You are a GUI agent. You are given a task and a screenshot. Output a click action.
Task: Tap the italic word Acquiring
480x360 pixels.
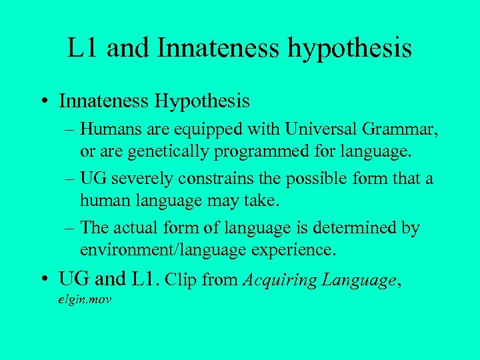pyautogui.click(x=281, y=280)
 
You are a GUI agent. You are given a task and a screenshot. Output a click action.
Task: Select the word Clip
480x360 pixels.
pyautogui.click(x=182, y=280)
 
